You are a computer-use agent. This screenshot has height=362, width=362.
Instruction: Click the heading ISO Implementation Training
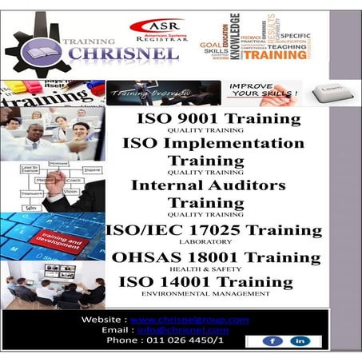pos(213,152)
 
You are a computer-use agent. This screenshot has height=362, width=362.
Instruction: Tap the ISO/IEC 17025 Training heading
pos(213,230)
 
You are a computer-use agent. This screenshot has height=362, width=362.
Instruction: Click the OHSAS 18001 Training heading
pos(216,257)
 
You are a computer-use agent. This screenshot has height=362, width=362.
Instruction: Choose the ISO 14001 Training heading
pos(211,281)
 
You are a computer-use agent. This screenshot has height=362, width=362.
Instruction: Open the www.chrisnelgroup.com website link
pos(189,320)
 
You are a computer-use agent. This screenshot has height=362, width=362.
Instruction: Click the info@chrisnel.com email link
pos(185,329)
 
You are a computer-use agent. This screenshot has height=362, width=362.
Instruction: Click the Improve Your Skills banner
pos(261,92)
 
